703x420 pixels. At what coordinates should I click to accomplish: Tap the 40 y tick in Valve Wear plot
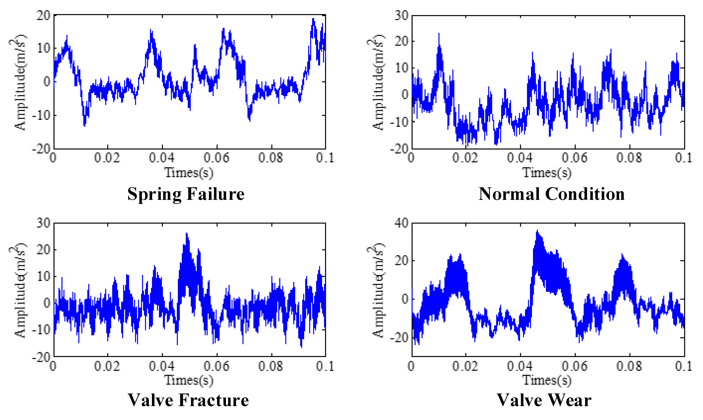pos(401,223)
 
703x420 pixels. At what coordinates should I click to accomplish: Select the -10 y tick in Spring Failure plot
pos(41,115)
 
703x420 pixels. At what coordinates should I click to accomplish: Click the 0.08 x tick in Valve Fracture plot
pos(271,366)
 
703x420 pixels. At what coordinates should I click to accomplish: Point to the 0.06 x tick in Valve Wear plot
pos(574,366)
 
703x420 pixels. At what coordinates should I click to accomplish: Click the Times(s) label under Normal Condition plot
pos(547,173)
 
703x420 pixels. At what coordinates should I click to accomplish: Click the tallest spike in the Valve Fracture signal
pos(187,233)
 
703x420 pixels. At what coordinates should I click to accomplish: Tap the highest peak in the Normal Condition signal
pos(439,34)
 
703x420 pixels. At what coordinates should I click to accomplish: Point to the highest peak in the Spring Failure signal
pos(313,19)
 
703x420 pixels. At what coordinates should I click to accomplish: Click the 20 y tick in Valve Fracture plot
pos(43,250)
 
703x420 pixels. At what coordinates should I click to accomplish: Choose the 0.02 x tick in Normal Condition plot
pos(465,158)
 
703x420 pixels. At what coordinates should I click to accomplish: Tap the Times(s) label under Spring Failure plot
pos(189,173)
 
